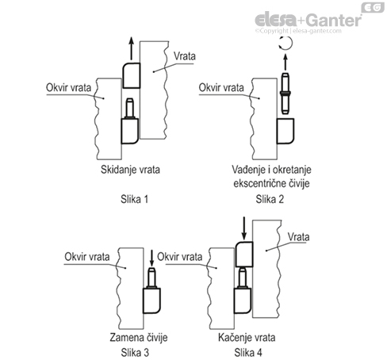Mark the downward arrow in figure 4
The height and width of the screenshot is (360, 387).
pos(243,229)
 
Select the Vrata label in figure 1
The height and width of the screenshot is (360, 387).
pos(184,58)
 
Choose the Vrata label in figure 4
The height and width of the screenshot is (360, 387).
pos(298,236)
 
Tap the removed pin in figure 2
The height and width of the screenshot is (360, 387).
pos(287,90)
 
